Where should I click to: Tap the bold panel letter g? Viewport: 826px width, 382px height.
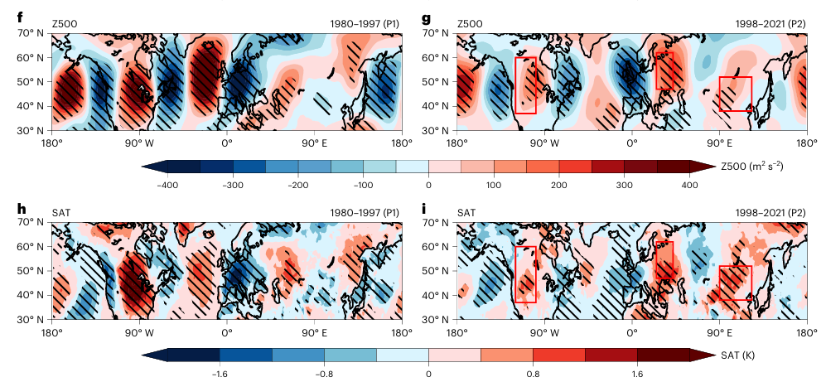(427, 16)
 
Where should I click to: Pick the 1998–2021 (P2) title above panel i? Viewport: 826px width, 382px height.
(770, 213)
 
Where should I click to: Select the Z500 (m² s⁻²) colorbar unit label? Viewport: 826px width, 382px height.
(752, 167)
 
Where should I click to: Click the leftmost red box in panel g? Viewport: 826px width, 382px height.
(525, 85)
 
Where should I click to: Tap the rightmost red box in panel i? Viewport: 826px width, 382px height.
(735, 283)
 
